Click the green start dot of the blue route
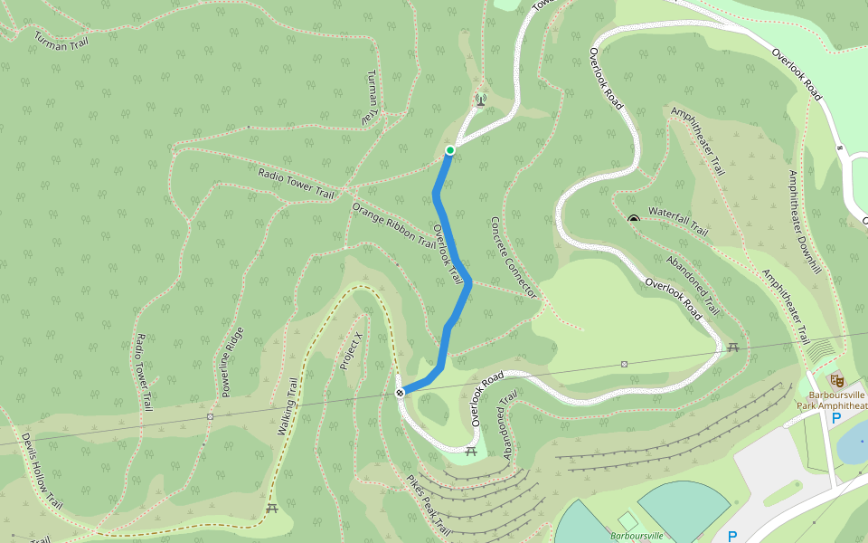pos(449,150)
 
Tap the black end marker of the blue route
pos(400,393)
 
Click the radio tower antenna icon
pos(480,99)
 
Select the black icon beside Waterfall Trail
pos(634,218)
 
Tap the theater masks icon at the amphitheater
pos(835,378)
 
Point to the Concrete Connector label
pos(513,258)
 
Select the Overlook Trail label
pos(449,252)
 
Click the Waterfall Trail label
pos(678,221)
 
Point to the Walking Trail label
pos(288,406)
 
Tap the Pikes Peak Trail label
pos(428,504)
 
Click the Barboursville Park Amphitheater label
pos(832,400)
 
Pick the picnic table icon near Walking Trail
pos(272,508)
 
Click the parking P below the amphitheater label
pos(835,418)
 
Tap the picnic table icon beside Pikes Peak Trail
pos(470,450)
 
